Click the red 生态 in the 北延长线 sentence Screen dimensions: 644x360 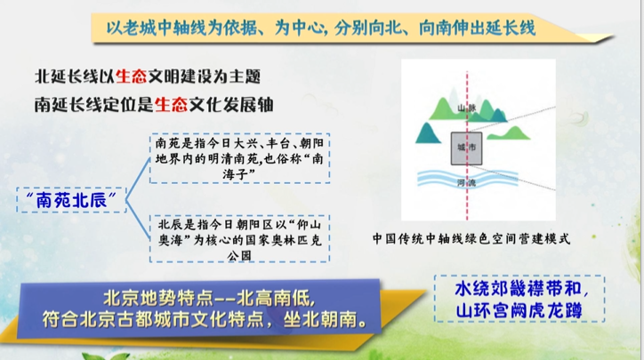[x=131, y=76]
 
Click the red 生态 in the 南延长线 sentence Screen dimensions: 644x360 [x=171, y=105]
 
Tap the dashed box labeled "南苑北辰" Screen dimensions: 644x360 [x=71, y=200]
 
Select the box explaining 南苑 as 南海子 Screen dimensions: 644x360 [x=240, y=158]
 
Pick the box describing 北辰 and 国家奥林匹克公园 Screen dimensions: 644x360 [x=240, y=238]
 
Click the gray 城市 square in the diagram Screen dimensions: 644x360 [x=467, y=148]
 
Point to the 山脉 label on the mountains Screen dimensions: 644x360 [x=467, y=108]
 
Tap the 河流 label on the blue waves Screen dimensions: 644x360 [x=467, y=182]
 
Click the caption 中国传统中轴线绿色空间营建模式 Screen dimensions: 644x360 [x=471, y=238]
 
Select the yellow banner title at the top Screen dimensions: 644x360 [x=320, y=28]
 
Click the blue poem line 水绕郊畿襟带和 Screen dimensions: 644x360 [x=521, y=289]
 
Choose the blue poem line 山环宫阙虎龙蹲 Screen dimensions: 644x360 [x=519, y=310]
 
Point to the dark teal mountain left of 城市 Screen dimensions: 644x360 [x=428, y=132]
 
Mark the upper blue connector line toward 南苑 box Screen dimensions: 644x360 [x=138, y=179]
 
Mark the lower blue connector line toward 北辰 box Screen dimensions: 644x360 [x=138, y=220]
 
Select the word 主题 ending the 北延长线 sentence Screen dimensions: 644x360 [x=245, y=76]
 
